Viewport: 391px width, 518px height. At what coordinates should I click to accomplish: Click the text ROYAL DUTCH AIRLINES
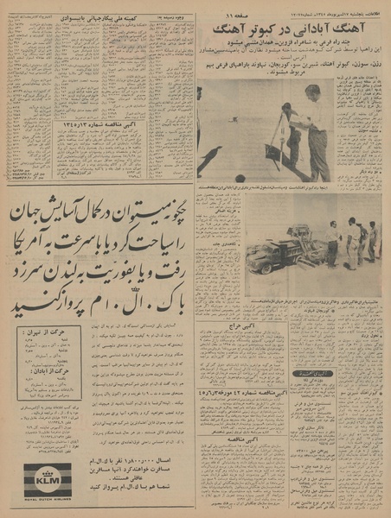click(x=47, y=499)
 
